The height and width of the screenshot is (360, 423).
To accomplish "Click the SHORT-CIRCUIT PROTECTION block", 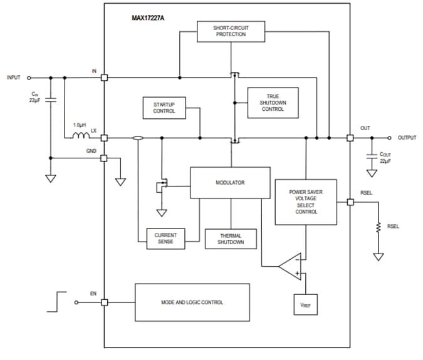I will [231, 31].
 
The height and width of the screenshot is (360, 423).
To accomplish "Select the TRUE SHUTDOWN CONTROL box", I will [273, 103].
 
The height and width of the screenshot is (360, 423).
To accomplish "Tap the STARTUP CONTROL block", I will [165, 107].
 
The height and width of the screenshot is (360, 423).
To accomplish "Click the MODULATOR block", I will [230, 183].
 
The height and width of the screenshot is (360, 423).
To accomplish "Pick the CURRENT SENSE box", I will [165, 238].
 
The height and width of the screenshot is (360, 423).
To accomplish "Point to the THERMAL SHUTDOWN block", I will [231, 239].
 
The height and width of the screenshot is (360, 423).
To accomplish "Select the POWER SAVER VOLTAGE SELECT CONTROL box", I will [306, 202].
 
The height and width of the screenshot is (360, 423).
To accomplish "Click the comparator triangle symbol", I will [291, 265].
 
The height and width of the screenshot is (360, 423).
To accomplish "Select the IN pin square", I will [104, 78].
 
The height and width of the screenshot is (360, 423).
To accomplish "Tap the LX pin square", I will [104, 138].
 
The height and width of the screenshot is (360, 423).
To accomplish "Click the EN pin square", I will [104, 302].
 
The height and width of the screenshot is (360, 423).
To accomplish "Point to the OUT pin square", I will [350, 138].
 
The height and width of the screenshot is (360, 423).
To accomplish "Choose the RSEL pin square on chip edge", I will [350, 202].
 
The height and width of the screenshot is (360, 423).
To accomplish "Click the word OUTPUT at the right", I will [407, 138].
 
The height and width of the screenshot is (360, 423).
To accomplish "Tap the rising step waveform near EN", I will [55, 301].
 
